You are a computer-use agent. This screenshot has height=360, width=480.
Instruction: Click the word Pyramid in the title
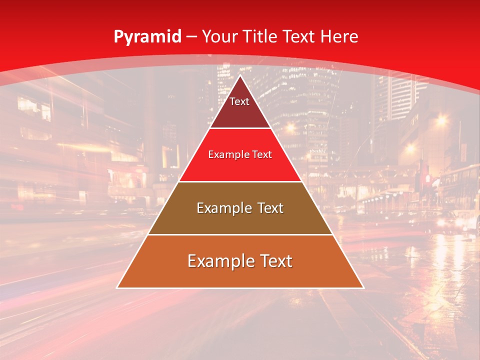click(x=147, y=37)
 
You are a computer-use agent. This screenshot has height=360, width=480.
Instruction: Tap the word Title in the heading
click(x=261, y=36)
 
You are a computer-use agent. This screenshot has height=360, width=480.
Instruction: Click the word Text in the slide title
click(x=299, y=36)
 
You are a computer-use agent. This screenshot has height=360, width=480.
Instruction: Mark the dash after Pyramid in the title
click(x=191, y=37)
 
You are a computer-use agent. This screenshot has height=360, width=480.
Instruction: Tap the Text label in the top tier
click(x=239, y=101)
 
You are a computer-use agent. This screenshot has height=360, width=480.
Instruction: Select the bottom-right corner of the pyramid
click(x=363, y=287)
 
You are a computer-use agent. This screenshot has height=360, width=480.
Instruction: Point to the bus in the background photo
click(x=457, y=187)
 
